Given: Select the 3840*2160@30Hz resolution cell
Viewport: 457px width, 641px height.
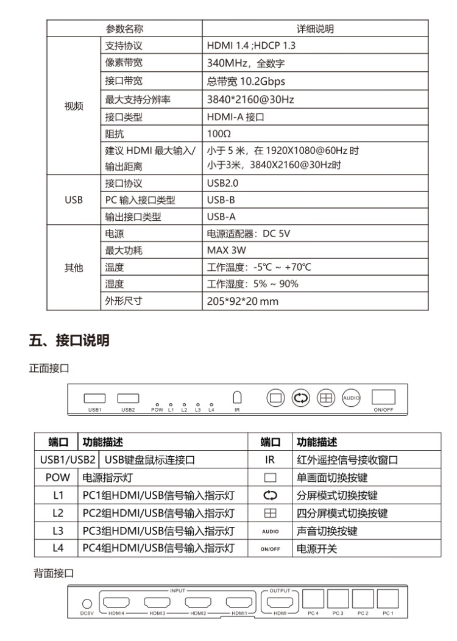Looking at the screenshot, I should [x=250, y=98].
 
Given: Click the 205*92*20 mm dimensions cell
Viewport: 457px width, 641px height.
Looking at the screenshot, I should [x=243, y=301].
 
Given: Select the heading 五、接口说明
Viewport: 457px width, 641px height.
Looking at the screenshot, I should [x=69, y=341].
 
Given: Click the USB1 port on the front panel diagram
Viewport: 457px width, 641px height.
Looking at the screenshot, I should [x=94, y=399].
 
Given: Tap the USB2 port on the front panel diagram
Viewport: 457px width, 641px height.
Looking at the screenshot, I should [x=127, y=399].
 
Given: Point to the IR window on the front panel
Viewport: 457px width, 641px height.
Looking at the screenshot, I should [x=238, y=397].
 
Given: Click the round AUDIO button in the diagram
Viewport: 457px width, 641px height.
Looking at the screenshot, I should [x=351, y=398].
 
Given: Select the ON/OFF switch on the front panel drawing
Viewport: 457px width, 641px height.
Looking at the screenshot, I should [x=383, y=398].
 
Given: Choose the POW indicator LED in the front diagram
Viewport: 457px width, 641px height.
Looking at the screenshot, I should [x=157, y=404].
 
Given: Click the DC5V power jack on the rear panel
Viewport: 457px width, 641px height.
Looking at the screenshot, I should [x=86, y=603].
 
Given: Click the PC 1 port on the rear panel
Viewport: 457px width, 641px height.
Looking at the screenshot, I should [x=388, y=599].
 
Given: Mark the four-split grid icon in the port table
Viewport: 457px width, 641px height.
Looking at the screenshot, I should [x=270, y=513].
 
